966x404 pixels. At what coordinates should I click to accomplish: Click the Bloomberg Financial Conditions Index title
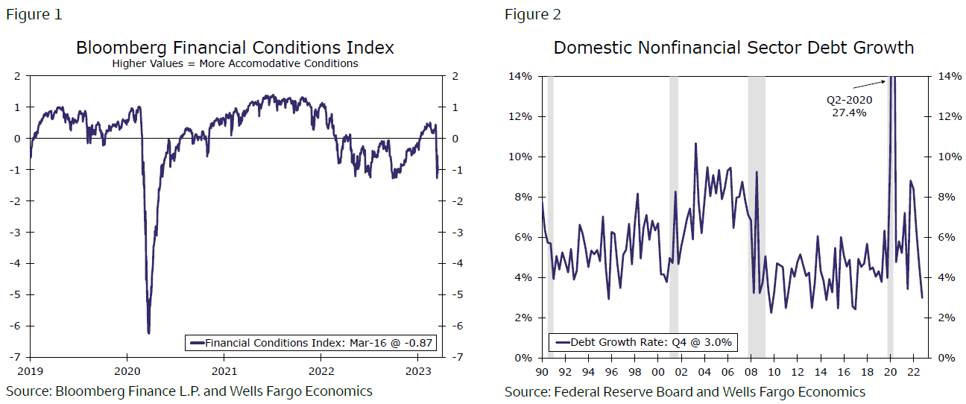[235, 48]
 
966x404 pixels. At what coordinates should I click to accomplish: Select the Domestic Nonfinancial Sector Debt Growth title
[733, 48]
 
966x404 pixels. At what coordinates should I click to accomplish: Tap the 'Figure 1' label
[34, 15]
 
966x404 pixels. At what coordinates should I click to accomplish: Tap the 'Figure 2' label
[532, 15]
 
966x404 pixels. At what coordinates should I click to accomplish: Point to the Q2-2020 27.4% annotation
[849, 105]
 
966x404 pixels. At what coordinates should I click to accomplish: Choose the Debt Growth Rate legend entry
[642, 343]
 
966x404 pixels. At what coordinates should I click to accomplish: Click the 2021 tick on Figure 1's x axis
[224, 370]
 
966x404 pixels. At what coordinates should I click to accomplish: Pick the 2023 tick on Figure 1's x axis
[419, 370]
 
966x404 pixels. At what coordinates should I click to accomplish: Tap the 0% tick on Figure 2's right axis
[945, 358]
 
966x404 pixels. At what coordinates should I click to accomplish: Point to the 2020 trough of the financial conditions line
[149, 332]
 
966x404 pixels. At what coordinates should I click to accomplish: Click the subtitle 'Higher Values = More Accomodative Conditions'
[235, 64]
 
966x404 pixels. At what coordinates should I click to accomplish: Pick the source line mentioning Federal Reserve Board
[684, 392]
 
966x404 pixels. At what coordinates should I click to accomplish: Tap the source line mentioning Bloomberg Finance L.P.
[189, 391]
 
